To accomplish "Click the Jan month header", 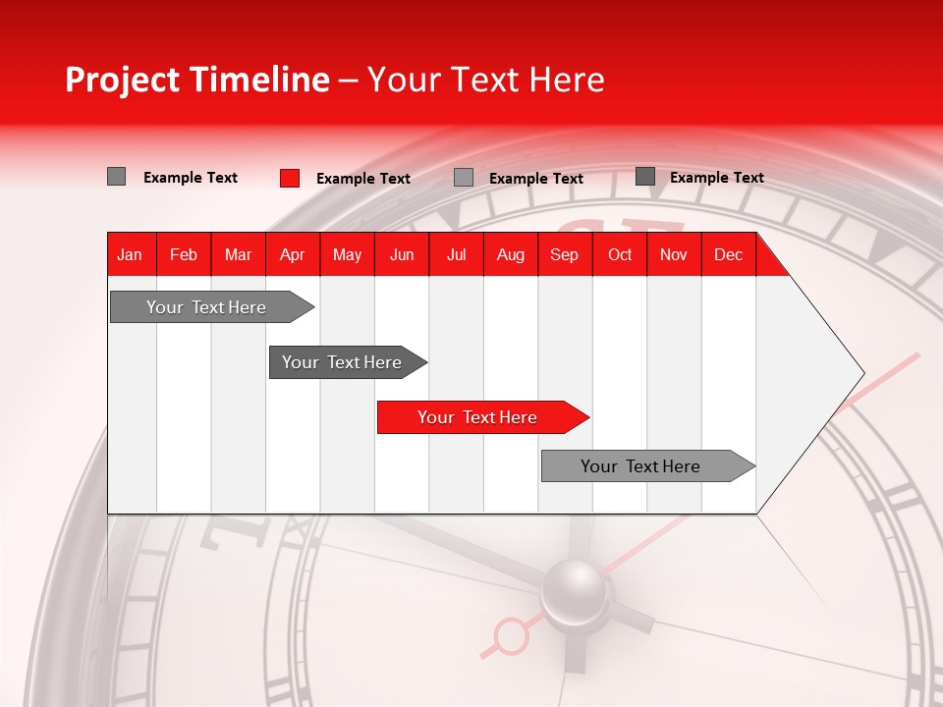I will coord(130,254).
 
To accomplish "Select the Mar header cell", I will coord(238,254).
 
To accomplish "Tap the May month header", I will coord(347,254).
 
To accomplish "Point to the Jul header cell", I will coord(456,254).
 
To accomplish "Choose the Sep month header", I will coord(564,254).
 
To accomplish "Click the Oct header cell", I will coord(620,254).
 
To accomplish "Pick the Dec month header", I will coord(728,254).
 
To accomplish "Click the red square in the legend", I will coord(290,178).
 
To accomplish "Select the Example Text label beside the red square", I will coord(362,179).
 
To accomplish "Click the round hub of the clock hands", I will coord(574,592).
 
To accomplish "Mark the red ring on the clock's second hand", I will coord(511,635).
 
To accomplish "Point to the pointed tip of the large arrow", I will coord(862,373).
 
